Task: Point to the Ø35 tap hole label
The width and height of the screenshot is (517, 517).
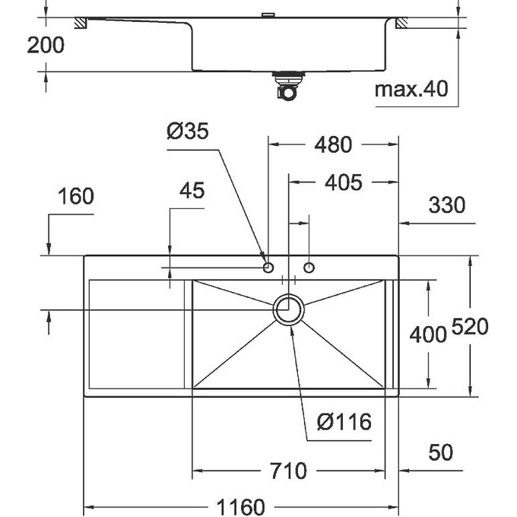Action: coord(187,132)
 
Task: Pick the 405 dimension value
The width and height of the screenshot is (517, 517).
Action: coord(341,182)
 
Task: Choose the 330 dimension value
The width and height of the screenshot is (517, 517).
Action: coord(446,205)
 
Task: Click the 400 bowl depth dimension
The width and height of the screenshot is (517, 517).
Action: coord(428,334)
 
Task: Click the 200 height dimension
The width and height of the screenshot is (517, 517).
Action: coord(46,45)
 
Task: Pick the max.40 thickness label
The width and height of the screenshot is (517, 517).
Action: coord(411,90)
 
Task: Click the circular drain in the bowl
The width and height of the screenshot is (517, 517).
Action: coord(289,310)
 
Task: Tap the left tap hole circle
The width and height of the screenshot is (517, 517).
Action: coord(268,267)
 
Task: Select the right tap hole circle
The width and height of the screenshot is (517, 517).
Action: coord(309,267)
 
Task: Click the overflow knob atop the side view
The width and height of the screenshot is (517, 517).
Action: coord(268,15)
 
